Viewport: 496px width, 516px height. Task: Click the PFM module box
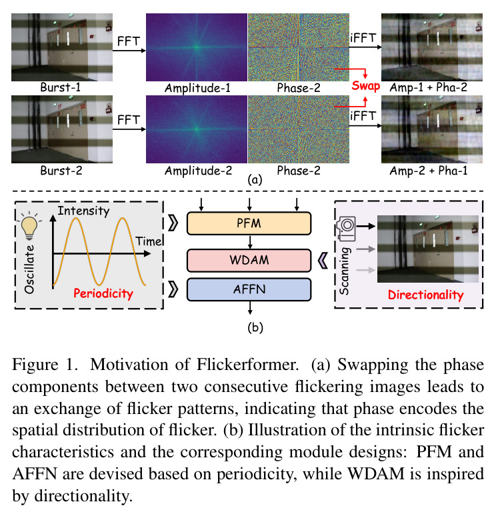pos(249,223)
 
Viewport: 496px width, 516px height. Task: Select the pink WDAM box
pos(249,260)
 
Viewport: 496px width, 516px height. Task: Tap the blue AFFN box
pos(249,289)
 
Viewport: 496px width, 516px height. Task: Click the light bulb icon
pos(29,225)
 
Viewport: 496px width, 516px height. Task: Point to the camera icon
pos(346,229)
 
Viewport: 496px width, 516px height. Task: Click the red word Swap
pos(365,86)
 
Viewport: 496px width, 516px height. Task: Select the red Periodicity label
pos(103,293)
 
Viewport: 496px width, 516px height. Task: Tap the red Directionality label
pos(425,295)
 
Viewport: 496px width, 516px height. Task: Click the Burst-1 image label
pos(60,87)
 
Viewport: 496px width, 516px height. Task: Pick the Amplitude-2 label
pos(198,171)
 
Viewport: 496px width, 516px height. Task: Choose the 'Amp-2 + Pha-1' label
pos(429,171)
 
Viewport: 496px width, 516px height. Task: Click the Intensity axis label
pos(83,211)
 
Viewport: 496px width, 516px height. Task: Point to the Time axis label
pos(149,241)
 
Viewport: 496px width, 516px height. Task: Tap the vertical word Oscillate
pos(29,269)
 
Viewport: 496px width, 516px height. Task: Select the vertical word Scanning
pos(344,271)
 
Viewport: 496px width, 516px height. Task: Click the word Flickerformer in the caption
pos(247,365)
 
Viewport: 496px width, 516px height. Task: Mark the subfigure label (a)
pos(255,180)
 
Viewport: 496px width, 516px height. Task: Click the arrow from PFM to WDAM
pos(250,242)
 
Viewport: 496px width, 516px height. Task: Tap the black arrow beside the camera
pos(366,226)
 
